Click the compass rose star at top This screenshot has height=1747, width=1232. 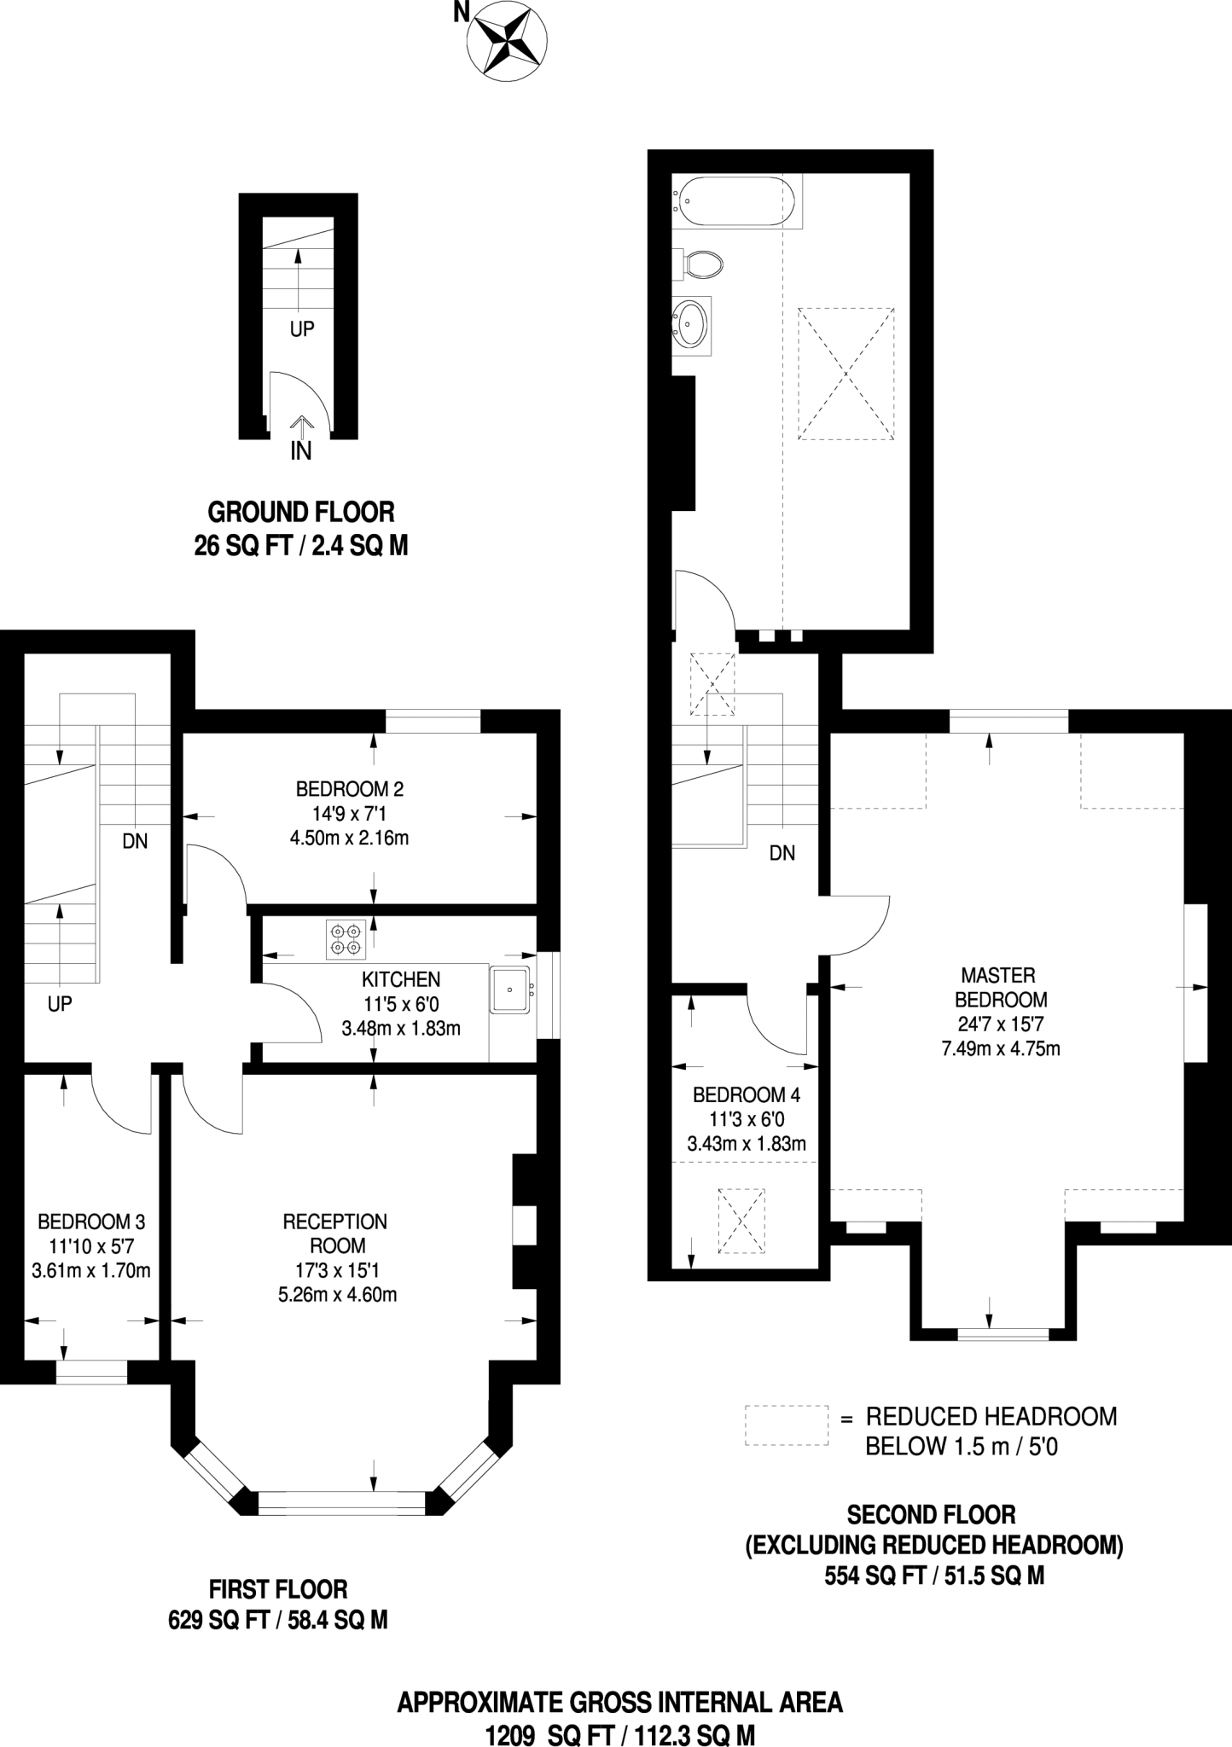508,42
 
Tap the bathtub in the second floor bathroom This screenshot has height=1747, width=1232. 735,201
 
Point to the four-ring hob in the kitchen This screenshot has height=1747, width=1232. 346,938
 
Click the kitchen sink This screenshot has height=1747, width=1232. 510,990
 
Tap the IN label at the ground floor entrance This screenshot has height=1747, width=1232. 300,451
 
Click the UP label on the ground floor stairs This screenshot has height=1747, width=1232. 302,329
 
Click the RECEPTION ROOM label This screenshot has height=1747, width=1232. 335,1233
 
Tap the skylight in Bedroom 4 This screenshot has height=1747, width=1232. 741,1220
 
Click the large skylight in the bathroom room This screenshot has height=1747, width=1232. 846,374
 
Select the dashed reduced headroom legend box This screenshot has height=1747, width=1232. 786,1425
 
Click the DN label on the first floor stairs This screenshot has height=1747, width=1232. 135,842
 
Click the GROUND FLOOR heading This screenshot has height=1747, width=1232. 301,513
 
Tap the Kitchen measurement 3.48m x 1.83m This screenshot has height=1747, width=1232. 401,1029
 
